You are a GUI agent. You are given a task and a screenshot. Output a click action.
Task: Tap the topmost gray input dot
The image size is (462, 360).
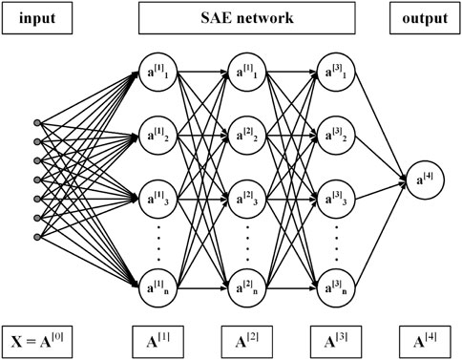37,122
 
